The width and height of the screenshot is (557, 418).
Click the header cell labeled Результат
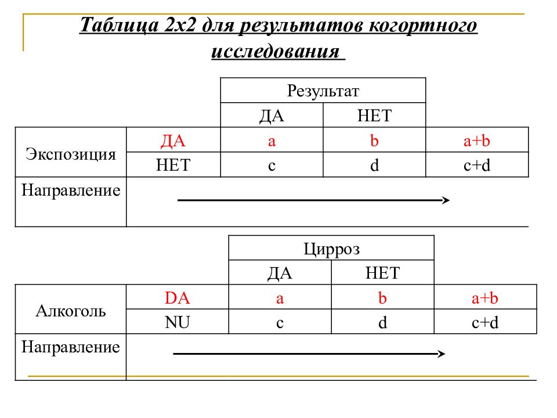(x=323, y=91)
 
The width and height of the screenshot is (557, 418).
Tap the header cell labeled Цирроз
(x=331, y=248)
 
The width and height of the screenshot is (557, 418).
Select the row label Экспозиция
(x=71, y=154)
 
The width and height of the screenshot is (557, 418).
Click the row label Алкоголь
(x=71, y=311)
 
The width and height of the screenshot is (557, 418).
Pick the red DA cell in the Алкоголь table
(x=178, y=297)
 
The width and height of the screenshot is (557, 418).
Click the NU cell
(x=178, y=322)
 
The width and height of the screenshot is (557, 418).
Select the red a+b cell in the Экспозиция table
(x=477, y=140)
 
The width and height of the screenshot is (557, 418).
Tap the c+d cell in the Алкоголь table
(x=485, y=322)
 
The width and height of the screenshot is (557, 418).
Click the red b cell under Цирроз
(x=382, y=297)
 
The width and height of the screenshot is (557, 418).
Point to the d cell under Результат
(x=374, y=165)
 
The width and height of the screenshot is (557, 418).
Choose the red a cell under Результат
(x=272, y=140)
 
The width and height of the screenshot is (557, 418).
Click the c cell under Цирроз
(x=280, y=322)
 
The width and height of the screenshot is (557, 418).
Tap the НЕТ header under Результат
(x=374, y=116)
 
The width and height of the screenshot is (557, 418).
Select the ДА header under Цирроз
(x=280, y=273)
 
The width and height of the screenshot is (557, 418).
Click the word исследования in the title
(x=276, y=51)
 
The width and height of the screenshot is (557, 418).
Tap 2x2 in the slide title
(x=180, y=24)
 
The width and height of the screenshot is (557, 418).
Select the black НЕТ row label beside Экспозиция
(x=173, y=165)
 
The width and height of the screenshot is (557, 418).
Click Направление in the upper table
(x=71, y=190)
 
